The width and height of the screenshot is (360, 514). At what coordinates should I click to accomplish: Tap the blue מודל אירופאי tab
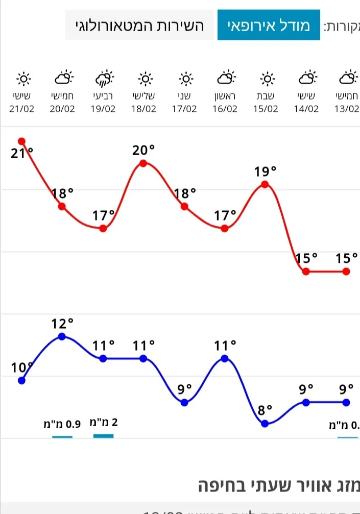click(x=269, y=25)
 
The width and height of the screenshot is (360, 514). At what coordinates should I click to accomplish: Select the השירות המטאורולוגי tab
click(x=139, y=25)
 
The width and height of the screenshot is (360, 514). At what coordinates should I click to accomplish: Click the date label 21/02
click(x=22, y=109)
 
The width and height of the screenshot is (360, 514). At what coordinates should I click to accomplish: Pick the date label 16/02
click(x=225, y=109)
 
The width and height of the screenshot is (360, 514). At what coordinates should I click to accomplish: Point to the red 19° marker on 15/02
click(x=265, y=184)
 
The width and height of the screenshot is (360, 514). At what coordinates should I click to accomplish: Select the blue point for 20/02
click(x=62, y=336)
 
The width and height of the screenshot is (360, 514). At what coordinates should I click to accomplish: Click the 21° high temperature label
click(x=22, y=152)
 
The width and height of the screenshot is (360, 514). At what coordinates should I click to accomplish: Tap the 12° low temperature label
click(x=62, y=324)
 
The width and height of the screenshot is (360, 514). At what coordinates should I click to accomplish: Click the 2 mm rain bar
click(x=104, y=435)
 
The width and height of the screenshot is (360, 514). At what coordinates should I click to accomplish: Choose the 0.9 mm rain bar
click(x=62, y=436)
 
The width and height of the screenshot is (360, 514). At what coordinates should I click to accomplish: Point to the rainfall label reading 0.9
click(x=62, y=423)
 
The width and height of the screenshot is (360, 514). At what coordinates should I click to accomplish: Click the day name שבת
click(x=266, y=95)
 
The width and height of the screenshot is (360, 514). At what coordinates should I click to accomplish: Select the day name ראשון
click(x=225, y=95)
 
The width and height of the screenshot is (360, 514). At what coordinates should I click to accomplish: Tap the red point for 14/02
click(x=306, y=272)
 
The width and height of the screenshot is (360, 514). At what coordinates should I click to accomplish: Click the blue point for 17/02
click(x=184, y=402)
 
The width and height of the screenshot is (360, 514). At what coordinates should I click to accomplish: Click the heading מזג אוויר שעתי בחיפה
click(x=278, y=485)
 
